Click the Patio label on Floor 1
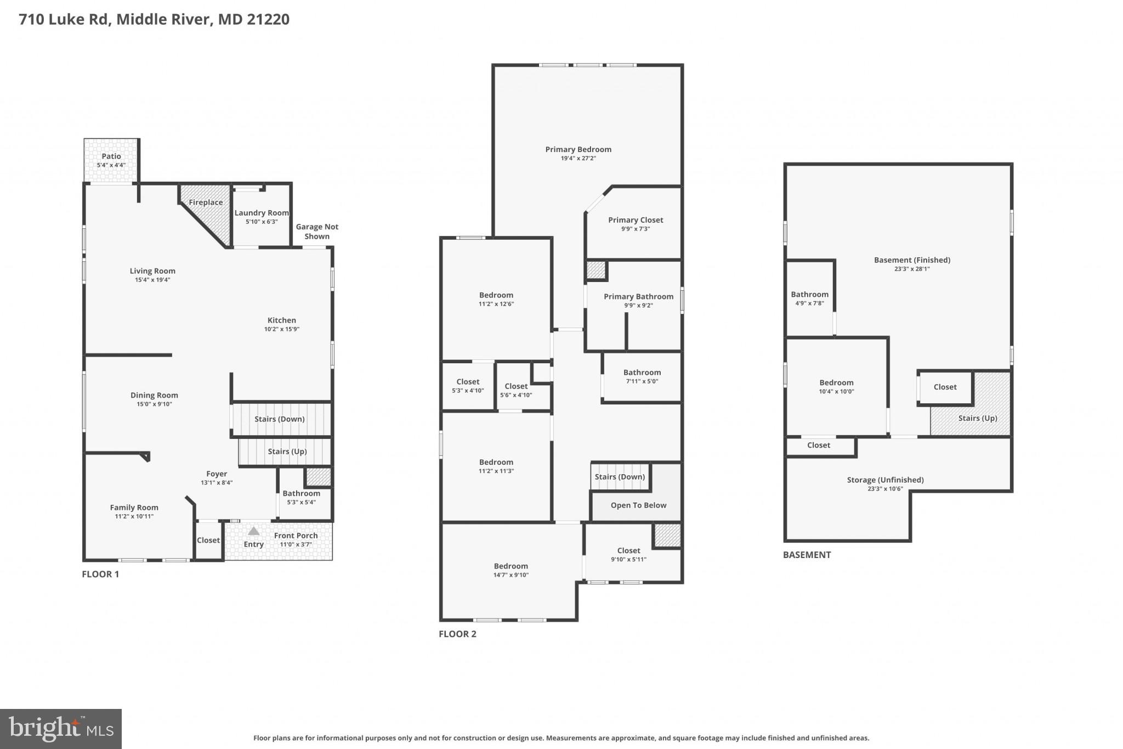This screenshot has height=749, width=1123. (111, 156)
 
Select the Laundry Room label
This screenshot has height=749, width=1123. (262, 213)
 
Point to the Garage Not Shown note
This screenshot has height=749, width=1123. (317, 232)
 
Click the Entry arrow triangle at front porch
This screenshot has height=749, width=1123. (253, 531)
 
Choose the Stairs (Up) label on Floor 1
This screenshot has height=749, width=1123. (287, 452)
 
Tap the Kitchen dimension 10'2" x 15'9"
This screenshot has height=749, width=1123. (281, 329)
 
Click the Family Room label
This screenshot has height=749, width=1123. (134, 508)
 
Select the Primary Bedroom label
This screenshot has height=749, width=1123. (578, 149)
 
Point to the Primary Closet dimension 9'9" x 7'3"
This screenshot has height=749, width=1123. (636, 229)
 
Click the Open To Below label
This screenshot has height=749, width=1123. (638, 505)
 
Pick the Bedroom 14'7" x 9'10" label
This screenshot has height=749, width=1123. (511, 566)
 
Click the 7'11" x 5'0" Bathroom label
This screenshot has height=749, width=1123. (642, 373)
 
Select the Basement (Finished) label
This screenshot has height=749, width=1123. (912, 260)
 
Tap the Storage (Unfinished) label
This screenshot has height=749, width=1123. (885, 480)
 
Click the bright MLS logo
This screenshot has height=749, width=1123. (61, 729)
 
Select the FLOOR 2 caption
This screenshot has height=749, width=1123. (457, 634)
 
